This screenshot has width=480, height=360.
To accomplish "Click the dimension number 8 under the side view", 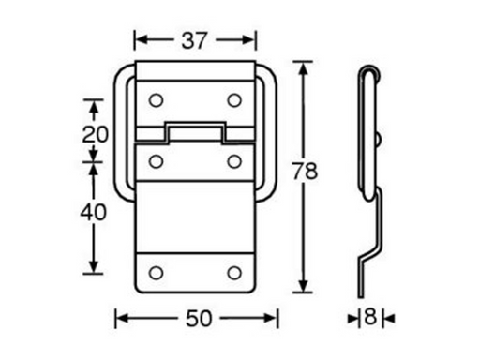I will coord(371,319).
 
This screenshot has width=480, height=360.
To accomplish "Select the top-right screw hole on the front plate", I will coord(234,98).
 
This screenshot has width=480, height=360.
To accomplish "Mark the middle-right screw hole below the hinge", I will coord(234,160).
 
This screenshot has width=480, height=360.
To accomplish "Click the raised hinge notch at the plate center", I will coord(195,130).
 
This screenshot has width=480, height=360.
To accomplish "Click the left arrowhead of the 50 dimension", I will coord(120,319).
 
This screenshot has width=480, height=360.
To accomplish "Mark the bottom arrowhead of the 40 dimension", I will coord(92,269).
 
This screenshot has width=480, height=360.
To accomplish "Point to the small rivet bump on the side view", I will coord(380,140).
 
